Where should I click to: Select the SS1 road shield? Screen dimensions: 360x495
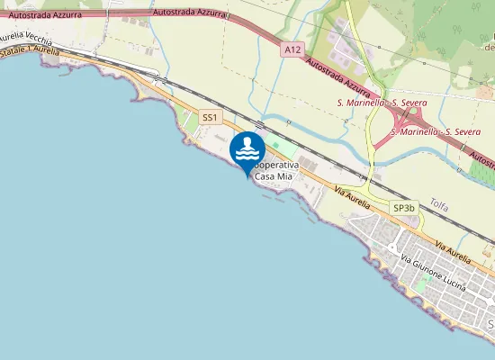tap(210, 118)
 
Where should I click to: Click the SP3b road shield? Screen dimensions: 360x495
tap(404, 208)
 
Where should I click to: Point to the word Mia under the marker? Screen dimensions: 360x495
tap(283, 177)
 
